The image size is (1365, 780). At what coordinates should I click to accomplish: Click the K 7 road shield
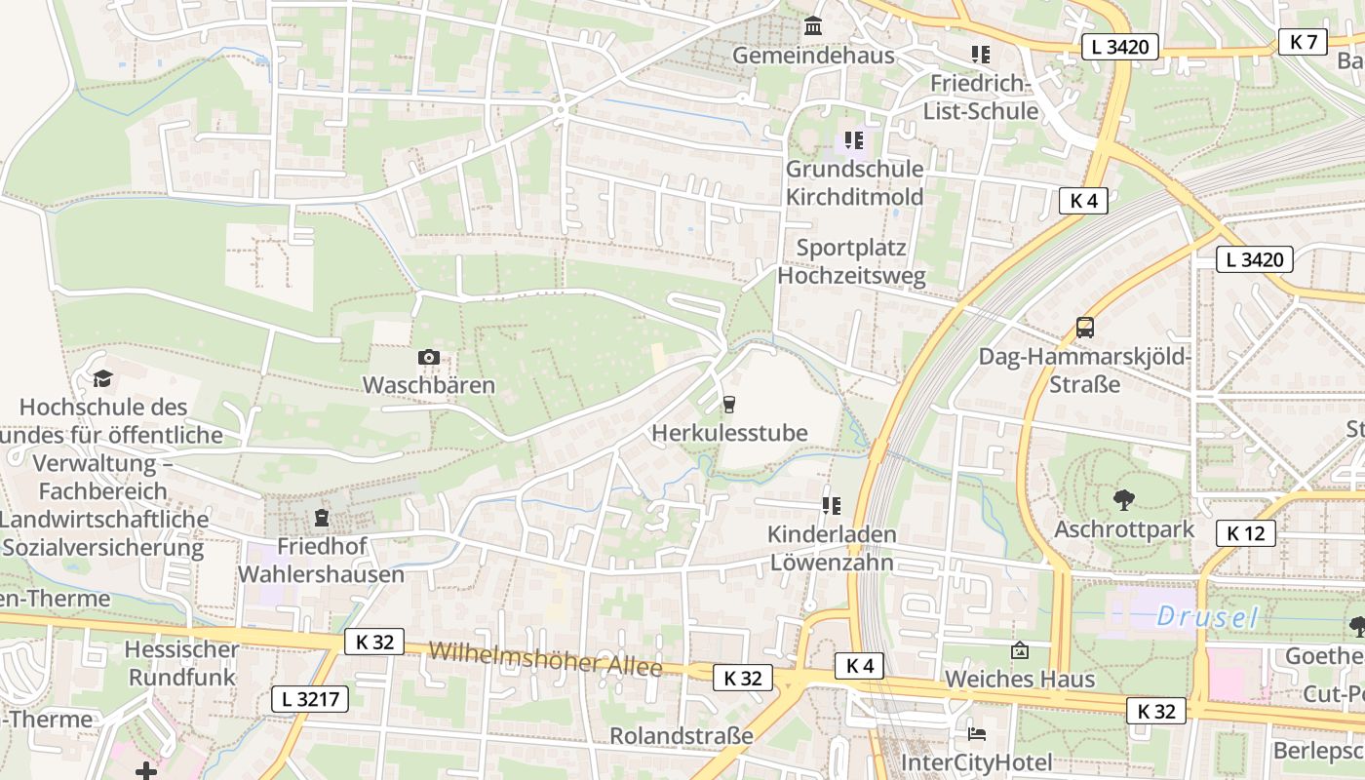[x=1303, y=41]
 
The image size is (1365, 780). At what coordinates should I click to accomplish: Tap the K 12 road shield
[x=1245, y=533]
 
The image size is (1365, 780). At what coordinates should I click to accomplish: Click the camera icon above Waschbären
[x=428, y=358]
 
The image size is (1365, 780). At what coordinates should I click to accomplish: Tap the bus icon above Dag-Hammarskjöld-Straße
[x=1085, y=328]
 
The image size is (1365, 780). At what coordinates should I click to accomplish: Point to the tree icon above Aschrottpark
[x=1123, y=500]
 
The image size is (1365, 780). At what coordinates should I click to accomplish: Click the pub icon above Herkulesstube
[x=728, y=404]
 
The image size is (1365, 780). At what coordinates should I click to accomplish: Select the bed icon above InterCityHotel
[x=977, y=733]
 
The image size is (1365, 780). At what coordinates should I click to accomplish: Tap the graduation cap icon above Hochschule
[x=102, y=378]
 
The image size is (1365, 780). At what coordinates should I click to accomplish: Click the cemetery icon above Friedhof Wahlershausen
[x=321, y=518]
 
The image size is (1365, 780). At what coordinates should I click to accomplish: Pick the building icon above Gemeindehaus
[x=812, y=25]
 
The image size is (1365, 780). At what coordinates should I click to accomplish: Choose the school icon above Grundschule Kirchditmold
[x=854, y=140]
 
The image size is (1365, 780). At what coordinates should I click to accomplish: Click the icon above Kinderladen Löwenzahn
[x=831, y=505]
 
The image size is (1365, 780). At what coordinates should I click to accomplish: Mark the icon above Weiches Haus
[x=1020, y=649]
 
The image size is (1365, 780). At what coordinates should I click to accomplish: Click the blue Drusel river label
[x=1207, y=616]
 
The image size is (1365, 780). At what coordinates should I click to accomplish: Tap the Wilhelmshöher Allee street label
[x=545, y=658]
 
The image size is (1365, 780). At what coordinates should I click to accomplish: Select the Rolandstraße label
[x=682, y=735]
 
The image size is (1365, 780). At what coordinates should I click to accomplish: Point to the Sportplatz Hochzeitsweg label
[x=851, y=261]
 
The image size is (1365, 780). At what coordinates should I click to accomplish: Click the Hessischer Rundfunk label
[x=181, y=663]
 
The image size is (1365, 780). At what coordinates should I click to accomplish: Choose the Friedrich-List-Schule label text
[x=981, y=97]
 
